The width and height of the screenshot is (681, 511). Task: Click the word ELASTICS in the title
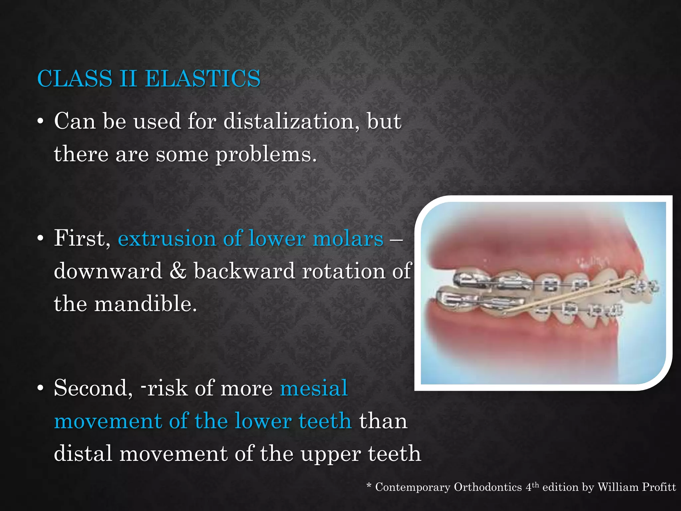[x=203, y=79]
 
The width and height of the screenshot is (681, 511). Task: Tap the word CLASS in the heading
[x=75, y=79]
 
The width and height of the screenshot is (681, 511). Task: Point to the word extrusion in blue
[x=167, y=239]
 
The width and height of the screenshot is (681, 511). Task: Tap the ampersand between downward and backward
[x=178, y=271]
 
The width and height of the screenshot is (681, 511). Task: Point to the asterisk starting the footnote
[x=369, y=486]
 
